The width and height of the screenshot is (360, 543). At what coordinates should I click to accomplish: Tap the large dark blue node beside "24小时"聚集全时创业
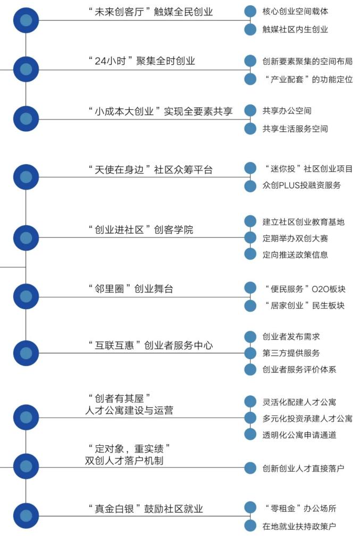point(26,69)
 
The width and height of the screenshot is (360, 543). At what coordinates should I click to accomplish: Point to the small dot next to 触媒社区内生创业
point(250,29)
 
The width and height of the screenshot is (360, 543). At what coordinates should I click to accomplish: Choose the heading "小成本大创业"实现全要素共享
point(160,111)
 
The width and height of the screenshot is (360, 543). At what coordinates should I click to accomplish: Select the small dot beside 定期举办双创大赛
point(250,237)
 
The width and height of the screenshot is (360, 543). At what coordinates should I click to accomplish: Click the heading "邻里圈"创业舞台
point(130,289)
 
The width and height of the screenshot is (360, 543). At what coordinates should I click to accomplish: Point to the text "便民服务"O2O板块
point(305,289)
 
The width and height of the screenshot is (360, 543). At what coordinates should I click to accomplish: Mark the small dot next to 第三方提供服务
point(250,353)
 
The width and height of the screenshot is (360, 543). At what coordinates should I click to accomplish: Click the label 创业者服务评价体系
point(299,370)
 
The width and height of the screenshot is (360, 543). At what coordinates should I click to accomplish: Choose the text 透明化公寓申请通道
point(299,435)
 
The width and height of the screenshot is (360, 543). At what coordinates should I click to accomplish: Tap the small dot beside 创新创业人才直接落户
point(250,468)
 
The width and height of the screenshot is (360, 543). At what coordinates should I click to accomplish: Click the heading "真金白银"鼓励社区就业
point(145,509)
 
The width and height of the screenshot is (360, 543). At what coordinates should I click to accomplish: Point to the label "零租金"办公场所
point(300,508)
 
